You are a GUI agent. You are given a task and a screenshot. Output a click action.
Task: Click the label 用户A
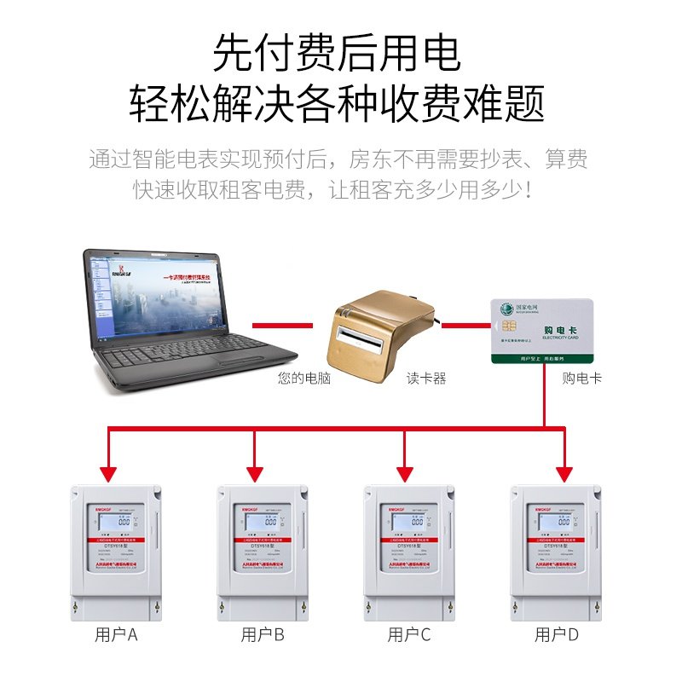[x=116, y=635]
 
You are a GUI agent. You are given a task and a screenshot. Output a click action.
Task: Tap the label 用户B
[x=263, y=635]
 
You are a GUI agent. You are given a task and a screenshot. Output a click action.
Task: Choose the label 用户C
[x=409, y=635]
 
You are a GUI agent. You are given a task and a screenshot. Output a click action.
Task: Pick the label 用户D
[x=557, y=635]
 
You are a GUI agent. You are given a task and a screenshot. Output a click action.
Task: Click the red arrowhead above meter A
[x=107, y=473]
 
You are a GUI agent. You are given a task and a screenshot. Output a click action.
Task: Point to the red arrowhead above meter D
[x=563, y=473]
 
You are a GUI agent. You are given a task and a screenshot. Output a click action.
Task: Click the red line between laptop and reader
[x=282, y=324]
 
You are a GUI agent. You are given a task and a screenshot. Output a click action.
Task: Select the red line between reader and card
[x=465, y=324]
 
